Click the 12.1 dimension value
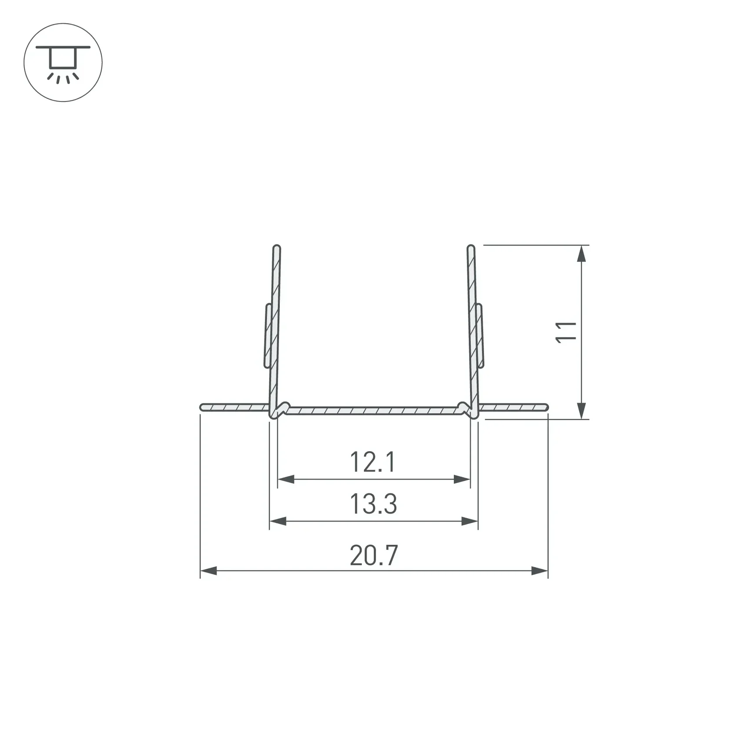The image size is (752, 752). [373, 462]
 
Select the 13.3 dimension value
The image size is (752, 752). [373, 504]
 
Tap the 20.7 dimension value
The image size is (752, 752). [374, 555]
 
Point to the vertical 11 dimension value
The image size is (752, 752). [566, 332]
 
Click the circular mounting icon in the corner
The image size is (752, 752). [63, 63]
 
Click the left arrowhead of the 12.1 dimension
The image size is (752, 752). [286, 479]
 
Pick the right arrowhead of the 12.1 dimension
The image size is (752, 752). [462, 479]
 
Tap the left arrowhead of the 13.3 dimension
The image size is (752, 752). [278, 521]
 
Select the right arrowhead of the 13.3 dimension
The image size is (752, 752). [470, 521]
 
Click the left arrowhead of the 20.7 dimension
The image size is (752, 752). [209, 571]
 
